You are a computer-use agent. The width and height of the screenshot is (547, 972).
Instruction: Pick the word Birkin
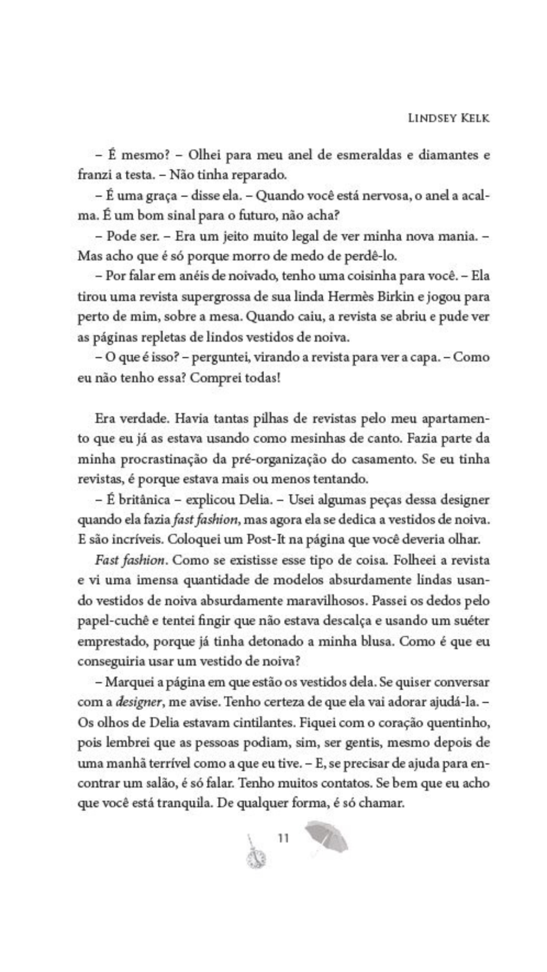tap(397, 296)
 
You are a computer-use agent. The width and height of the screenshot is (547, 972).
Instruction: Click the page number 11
tap(284, 838)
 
